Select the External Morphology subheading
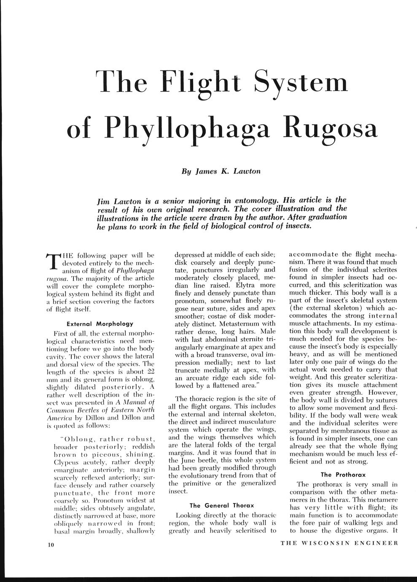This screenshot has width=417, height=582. click(100, 324)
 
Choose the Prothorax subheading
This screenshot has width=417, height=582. click(344, 474)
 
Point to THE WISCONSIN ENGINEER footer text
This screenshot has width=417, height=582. click(339, 543)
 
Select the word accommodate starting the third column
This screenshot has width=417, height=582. click(312, 254)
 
